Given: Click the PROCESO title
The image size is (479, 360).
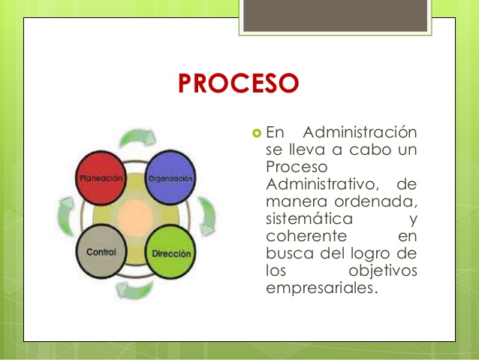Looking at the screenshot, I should click(239, 83).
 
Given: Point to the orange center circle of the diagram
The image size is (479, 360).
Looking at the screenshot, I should click(137, 216).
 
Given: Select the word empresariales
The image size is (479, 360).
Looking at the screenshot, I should click(319, 289).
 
